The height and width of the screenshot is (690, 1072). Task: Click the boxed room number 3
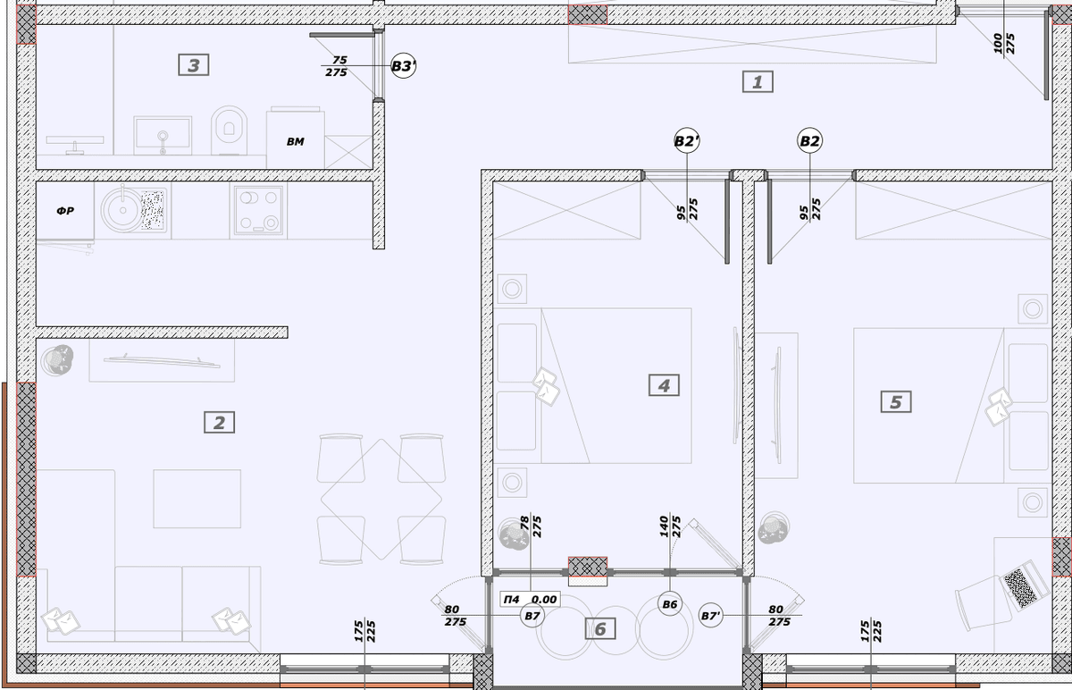pos(193,65)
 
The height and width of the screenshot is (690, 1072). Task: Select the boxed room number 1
pos(758,82)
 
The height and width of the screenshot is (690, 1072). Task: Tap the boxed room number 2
pos(219,423)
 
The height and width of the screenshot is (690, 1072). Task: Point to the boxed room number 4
pos(664,385)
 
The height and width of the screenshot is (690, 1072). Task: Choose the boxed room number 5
pos(896,401)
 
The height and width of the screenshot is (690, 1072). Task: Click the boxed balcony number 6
pos(600,628)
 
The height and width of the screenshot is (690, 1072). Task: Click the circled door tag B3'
pos(403,65)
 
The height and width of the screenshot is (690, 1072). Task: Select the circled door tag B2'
pos(687,141)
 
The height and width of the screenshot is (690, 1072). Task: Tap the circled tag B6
pos(669,604)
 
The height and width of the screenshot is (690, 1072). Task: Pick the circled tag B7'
pos(711,616)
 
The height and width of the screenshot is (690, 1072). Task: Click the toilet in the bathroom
pos(229,130)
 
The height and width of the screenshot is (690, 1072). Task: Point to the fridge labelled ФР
pos(65,211)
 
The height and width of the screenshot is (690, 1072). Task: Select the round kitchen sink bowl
pos(122,210)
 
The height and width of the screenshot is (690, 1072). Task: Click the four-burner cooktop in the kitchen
pos(259,210)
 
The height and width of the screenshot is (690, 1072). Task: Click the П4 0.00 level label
pos(531,599)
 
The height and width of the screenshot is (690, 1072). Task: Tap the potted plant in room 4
pos(514,534)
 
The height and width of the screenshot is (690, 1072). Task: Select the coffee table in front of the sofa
pos(197,499)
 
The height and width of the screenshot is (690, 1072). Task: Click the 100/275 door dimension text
pos(1003,44)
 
